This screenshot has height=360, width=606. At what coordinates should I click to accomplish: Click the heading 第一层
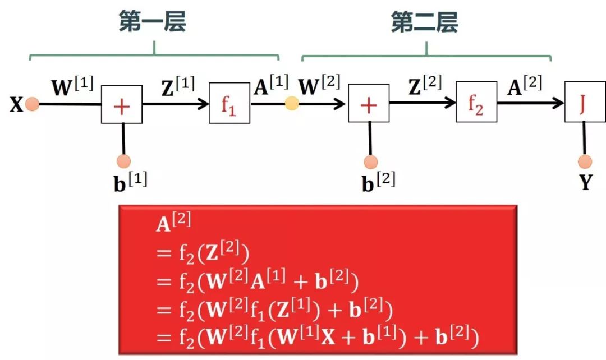tap(152, 23)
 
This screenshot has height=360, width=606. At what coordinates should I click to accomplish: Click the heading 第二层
tap(424, 23)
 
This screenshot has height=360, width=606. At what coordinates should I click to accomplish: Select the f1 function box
tap(229, 103)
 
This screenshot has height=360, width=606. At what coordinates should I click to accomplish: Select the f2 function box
tap(476, 103)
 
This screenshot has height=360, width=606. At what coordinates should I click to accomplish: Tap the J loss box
tap(584, 102)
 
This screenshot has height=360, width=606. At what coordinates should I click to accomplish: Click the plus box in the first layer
tap(121, 104)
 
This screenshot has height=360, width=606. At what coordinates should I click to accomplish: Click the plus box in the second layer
tap(369, 104)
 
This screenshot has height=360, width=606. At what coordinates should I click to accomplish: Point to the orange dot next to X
tap(32, 104)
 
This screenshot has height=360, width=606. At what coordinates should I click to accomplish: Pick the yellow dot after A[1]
tap(292, 104)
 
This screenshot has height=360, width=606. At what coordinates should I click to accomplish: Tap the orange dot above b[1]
tap(123, 161)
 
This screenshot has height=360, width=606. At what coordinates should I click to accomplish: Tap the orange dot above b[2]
tap(370, 163)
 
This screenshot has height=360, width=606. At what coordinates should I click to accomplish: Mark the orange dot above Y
tap(585, 163)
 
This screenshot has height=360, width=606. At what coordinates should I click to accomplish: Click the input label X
tap(16, 105)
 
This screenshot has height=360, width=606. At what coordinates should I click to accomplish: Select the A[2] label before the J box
tap(525, 85)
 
